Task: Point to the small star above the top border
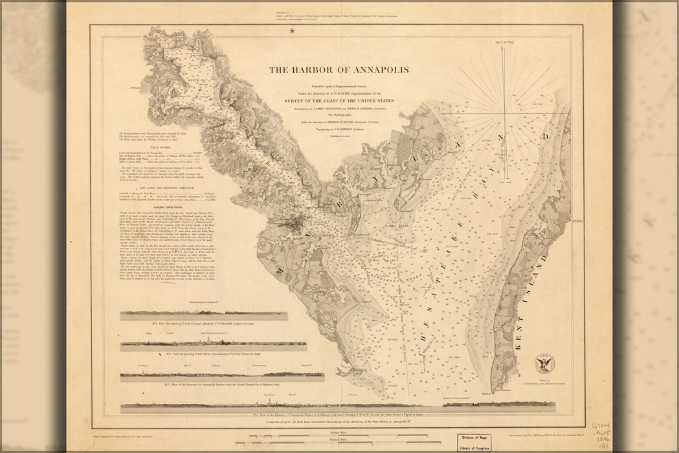click(292, 30)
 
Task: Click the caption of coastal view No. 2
click(214, 353)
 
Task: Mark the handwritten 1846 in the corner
click(601, 439)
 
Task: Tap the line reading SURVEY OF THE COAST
click(340, 101)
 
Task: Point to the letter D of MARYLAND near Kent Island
click(546, 137)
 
